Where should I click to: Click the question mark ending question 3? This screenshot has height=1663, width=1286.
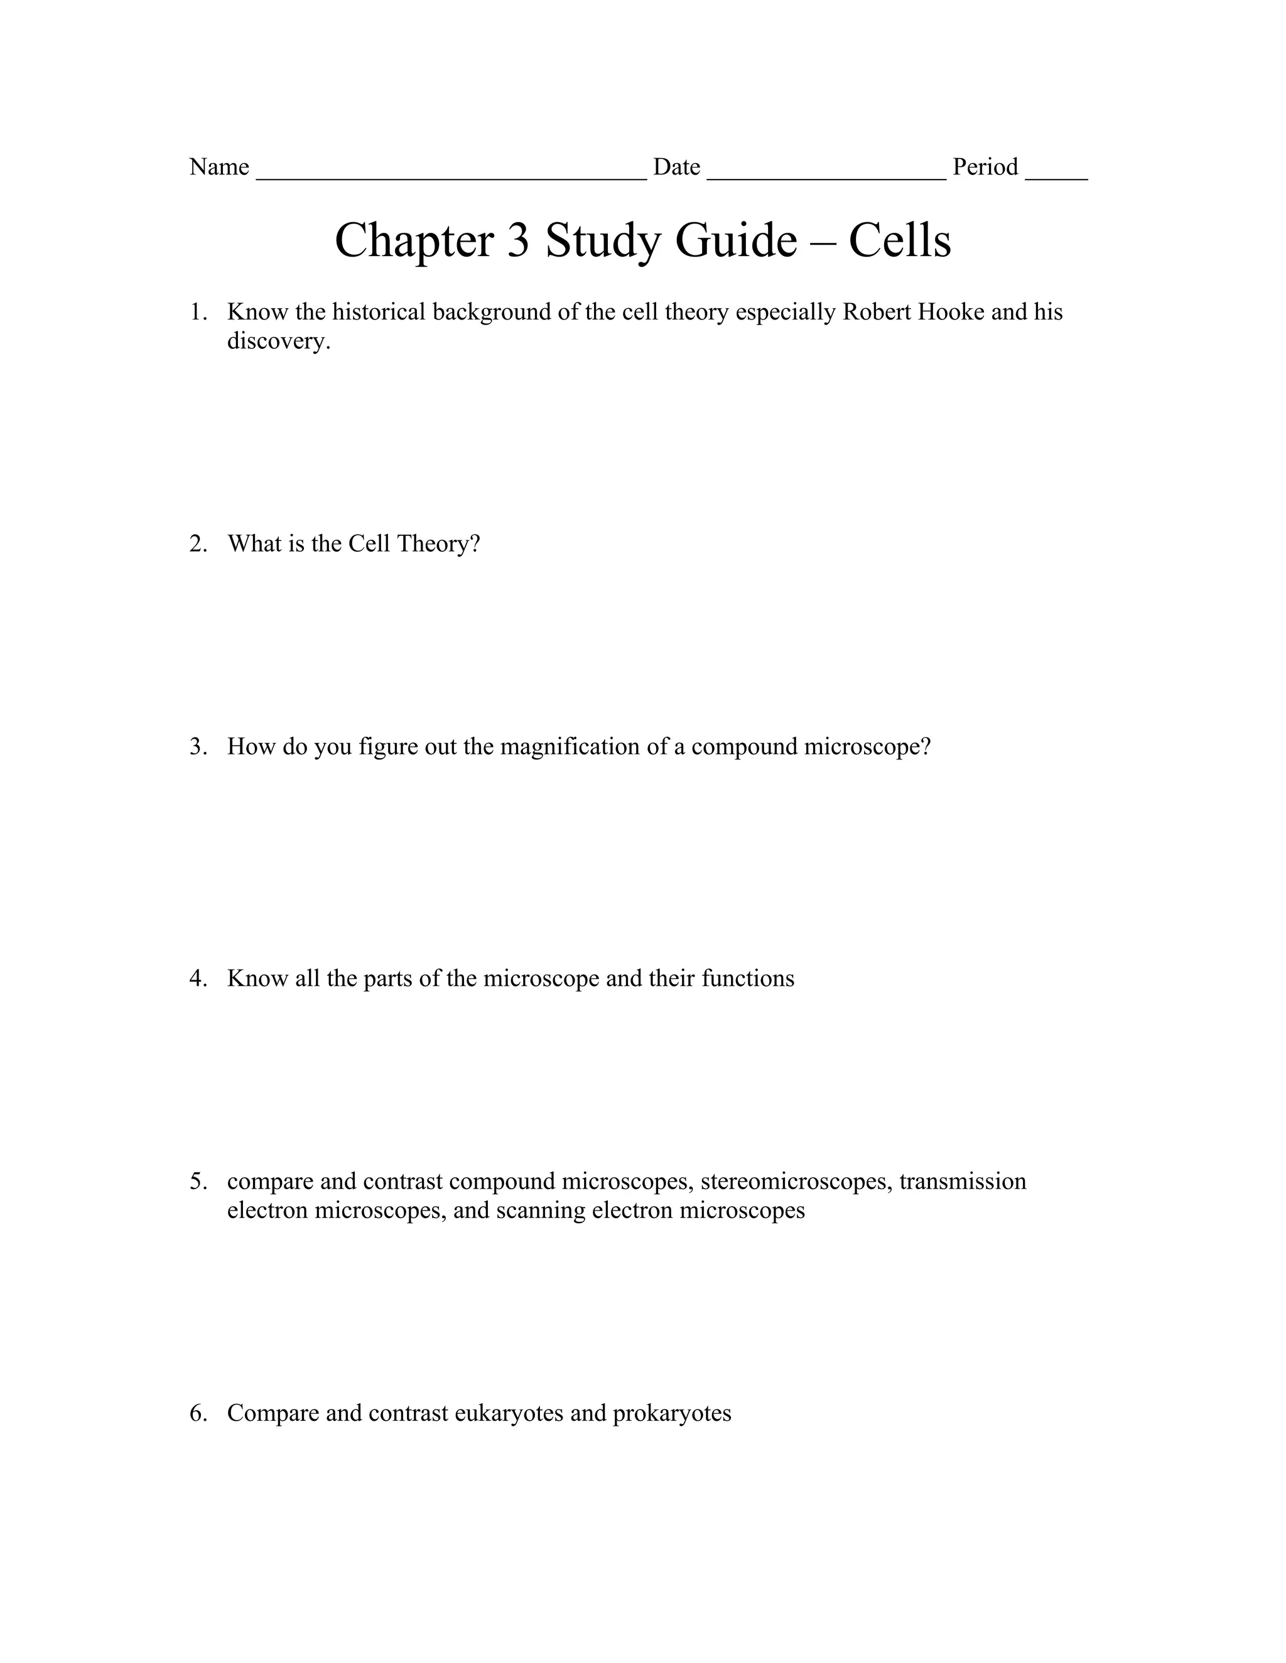coord(926,747)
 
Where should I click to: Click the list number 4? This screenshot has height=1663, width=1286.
coord(197,978)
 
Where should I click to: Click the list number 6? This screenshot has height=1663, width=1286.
coord(197,1414)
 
